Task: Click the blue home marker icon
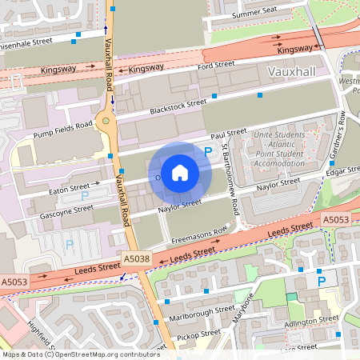tap(180, 172)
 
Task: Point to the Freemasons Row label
tap(199, 235)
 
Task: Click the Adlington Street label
tap(311, 320)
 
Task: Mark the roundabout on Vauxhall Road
tap(105, 122)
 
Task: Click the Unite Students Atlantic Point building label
tap(281, 150)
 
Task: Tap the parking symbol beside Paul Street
tap(208, 150)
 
